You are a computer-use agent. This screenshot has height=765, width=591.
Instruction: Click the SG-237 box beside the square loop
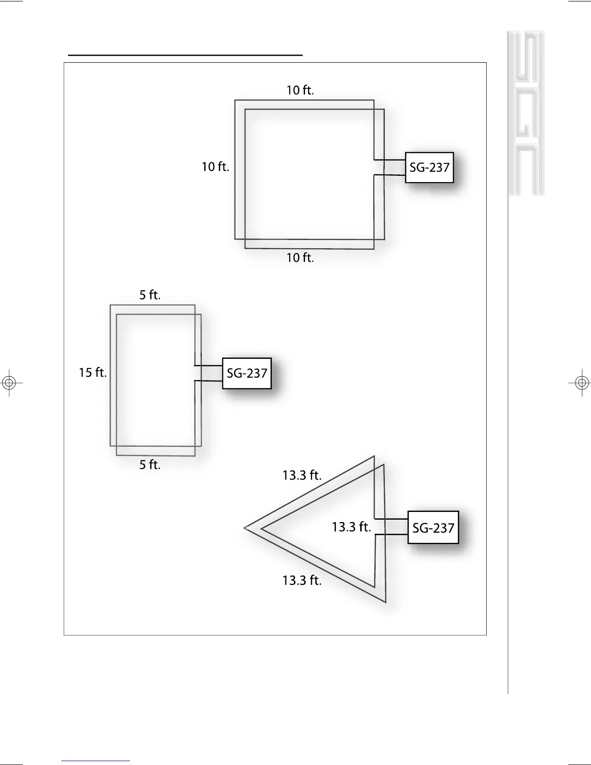[429, 167]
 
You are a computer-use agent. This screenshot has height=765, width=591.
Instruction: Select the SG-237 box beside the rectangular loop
[247, 373]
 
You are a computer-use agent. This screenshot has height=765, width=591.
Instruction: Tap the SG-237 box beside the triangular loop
[433, 527]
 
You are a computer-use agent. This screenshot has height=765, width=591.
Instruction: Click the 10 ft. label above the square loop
[300, 90]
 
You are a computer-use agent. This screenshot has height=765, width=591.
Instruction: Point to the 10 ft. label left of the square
[215, 167]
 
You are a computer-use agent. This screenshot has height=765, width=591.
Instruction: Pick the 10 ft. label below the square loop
[300, 258]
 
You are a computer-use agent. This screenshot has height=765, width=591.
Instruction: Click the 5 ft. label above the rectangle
[150, 295]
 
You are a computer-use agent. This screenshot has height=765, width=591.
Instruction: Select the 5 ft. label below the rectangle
[150, 465]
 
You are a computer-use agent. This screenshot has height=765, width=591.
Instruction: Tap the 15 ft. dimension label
[93, 373]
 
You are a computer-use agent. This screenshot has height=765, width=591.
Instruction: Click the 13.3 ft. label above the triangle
[302, 476]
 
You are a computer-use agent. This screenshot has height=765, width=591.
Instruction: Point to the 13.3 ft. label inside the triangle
[351, 527]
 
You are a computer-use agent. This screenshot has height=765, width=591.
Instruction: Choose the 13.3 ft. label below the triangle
[302, 581]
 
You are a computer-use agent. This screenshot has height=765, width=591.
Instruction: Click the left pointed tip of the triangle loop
[245, 528]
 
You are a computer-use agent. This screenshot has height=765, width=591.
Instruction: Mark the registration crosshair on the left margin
[9, 383]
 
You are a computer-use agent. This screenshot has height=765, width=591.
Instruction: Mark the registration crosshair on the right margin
[582, 383]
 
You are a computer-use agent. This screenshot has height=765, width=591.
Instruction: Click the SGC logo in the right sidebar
[526, 114]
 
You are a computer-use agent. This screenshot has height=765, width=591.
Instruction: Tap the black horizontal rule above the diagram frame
[185, 56]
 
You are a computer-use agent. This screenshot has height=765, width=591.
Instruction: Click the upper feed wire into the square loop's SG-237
[390, 160]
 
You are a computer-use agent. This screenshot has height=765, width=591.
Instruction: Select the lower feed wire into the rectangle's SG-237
[209, 382]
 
